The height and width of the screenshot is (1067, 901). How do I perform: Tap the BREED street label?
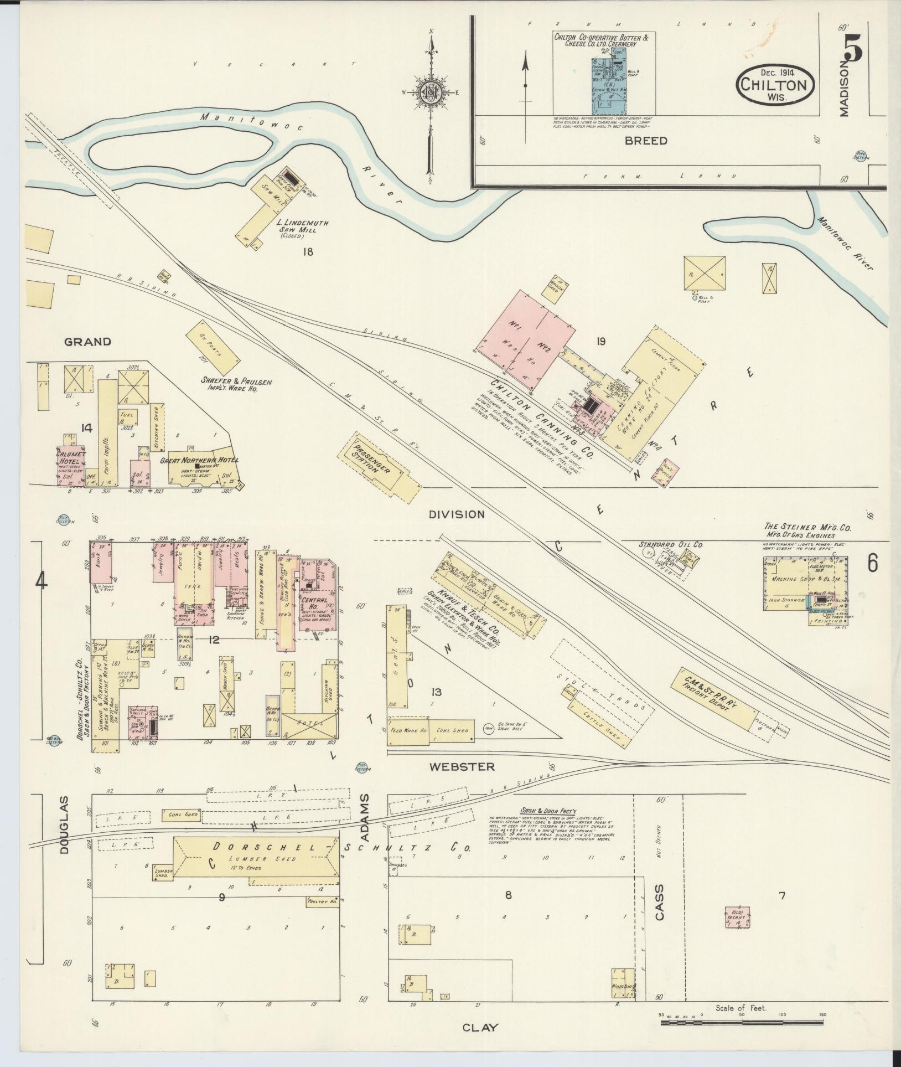tap(646, 141)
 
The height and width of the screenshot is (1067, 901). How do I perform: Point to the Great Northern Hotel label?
tap(199, 460)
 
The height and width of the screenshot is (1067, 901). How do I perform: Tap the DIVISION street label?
tap(457, 514)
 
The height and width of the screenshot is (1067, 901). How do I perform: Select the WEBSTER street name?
tap(462, 767)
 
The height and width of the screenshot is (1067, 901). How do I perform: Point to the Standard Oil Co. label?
tap(671, 545)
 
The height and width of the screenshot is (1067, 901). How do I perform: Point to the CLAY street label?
tap(480, 1027)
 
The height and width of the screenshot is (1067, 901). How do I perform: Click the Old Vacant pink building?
tap(737, 916)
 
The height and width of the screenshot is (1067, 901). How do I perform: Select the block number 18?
tap(307, 252)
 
